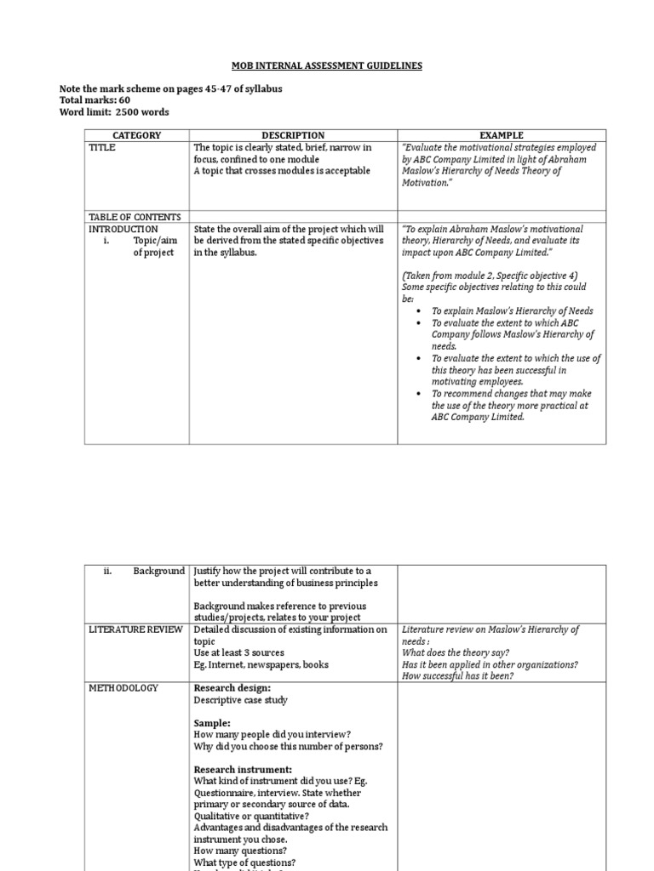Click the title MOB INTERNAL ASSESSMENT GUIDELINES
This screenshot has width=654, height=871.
pos(326,65)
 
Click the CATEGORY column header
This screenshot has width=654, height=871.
pos(137,135)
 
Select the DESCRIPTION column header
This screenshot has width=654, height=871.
pos(293,135)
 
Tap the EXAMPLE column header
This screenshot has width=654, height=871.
pos(502,135)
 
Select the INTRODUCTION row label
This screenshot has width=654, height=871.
pos(123,230)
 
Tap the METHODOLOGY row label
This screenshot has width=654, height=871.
pos(123,688)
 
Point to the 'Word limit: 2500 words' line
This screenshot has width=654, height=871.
pos(113,112)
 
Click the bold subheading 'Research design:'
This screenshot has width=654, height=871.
pos(232,688)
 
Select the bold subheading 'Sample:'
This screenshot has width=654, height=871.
pos(213,723)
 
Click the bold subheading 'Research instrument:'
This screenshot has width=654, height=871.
pos(243,770)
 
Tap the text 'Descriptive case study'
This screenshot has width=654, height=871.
pos(241,700)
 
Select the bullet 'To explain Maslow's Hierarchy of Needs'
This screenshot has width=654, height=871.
pos(512,311)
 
